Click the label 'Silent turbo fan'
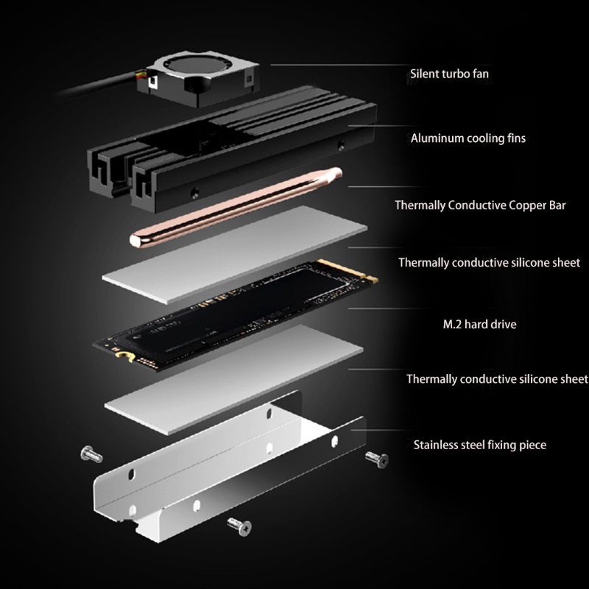[x=448, y=74]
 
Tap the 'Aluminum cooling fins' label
[x=468, y=138]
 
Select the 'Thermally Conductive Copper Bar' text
[x=479, y=205]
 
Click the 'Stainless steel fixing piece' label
[x=479, y=445]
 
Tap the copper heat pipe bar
[x=236, y=207]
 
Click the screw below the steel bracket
[x=240, y=524]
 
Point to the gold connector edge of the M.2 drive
[x=362, y=274]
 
